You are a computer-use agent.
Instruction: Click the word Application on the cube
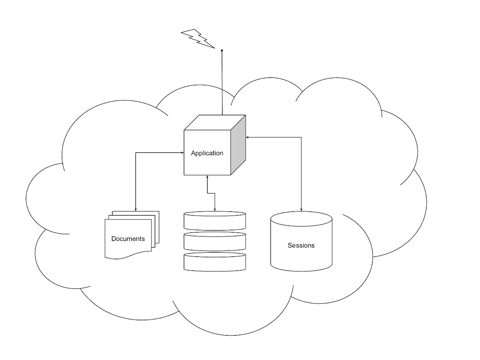pos(207,153)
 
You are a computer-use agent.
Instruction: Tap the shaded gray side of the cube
pos(239,145)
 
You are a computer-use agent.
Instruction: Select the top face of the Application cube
pos(215,122)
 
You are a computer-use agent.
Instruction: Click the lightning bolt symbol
pos(197,38)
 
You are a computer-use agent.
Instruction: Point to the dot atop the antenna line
pos(222,50)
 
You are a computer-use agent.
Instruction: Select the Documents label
pos(128,239)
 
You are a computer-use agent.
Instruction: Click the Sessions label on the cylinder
pos(301,245)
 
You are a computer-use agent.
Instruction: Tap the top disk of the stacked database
pos(215,220)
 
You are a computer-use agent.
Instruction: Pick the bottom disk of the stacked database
pos(215,262)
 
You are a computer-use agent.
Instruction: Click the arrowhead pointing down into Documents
pos(135,209)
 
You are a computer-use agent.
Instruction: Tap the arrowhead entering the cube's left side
pos(182,152)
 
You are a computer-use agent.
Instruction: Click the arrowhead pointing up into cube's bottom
pos(207,177)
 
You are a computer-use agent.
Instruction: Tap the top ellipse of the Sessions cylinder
pos(301,218)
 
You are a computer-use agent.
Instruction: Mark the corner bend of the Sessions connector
pos(301,137)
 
